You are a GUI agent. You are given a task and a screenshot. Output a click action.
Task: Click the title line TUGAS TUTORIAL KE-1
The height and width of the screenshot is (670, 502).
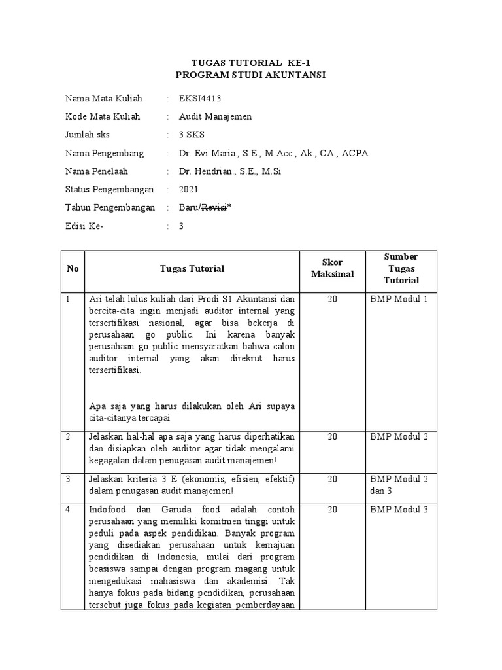coord(250,63)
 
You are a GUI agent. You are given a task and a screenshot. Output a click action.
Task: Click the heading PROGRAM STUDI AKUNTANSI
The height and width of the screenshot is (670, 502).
coord(250,75)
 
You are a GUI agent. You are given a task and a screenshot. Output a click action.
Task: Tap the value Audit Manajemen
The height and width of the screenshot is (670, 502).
coord(214,117)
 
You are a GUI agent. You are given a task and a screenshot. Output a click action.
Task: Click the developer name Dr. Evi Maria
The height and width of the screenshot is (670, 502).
coord(206,154)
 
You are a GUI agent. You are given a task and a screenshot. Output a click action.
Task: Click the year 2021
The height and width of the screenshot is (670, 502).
coord(190,190)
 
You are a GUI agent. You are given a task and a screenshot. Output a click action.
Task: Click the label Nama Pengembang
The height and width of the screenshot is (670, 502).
coord(105,154)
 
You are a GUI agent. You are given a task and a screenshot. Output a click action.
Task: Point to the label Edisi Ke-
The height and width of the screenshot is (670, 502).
coord(84,226)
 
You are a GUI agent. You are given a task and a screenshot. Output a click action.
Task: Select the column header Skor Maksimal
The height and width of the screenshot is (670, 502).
coord(332,268)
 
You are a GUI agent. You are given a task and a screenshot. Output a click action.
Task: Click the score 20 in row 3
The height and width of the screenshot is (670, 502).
coord(332,479)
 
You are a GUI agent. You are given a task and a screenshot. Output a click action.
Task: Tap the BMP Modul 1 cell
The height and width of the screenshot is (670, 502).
coord(398,299)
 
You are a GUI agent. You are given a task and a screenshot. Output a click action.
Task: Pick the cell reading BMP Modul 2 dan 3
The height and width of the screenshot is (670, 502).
coord(398,485)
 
